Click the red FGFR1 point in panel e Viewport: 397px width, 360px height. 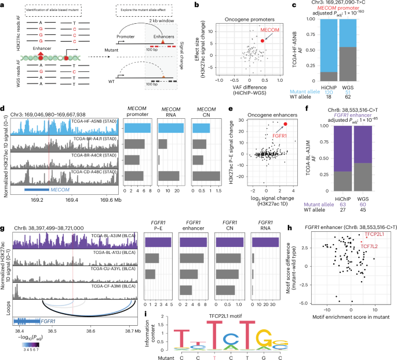click(x=285, y=115)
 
